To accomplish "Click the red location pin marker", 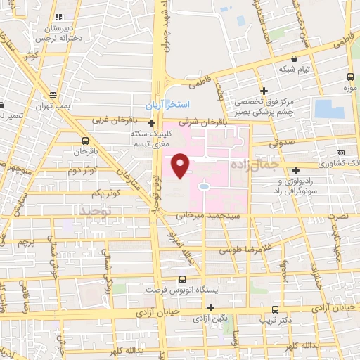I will (181, 165).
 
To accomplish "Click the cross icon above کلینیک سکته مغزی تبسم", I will (151, 123).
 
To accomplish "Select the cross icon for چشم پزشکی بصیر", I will (264, 91).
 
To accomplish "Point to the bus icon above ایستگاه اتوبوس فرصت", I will (183, 279).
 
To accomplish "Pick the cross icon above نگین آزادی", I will (210, 307).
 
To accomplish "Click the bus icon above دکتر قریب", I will (274, 309).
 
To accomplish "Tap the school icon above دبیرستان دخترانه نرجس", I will (59, 16).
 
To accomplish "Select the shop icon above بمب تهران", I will (53, 95).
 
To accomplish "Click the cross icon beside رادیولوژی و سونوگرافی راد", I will (296, 169).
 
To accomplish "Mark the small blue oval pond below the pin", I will (203, 187).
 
